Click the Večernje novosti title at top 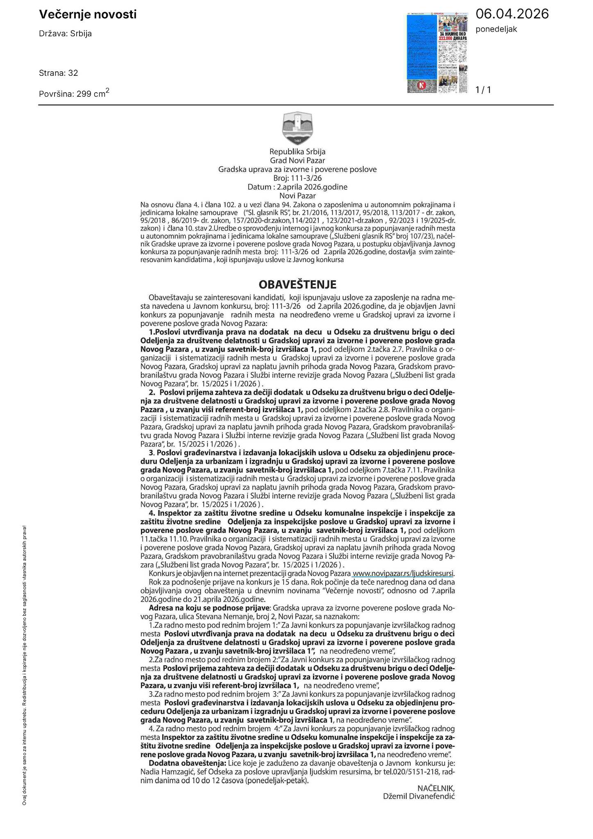(88, 15)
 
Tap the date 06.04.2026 (512, 14)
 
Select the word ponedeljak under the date (496, 29)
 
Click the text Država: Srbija (65, 34)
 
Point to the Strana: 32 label (58, 73)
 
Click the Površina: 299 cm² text (74, 93)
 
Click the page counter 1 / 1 (483, 90)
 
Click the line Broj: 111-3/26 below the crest (298, 178)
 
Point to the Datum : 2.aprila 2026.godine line (298, 187)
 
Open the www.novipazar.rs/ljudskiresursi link (403, 573)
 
